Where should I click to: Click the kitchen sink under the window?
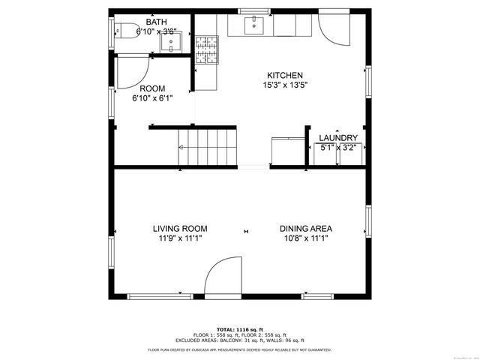256,25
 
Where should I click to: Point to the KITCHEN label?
285,75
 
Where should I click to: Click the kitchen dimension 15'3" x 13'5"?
285,85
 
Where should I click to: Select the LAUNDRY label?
337,138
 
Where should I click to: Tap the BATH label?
156,22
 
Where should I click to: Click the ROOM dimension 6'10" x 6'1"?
152,97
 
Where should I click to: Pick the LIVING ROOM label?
180,229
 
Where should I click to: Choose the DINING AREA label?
306,229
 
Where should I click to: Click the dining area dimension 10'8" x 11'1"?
306,238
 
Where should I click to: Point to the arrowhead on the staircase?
181,148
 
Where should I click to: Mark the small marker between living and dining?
245,231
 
